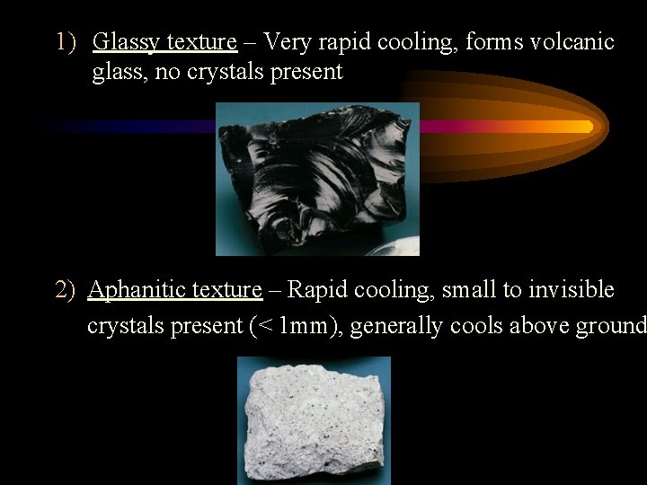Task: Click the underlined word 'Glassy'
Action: coord(127,43)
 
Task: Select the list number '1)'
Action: coord(66,42)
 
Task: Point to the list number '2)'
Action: coord(66,290)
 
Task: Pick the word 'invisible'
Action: coord(572,290)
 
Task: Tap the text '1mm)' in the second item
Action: coord(311,325)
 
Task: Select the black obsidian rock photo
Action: coord(317,179)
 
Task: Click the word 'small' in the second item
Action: coord(468,290)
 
